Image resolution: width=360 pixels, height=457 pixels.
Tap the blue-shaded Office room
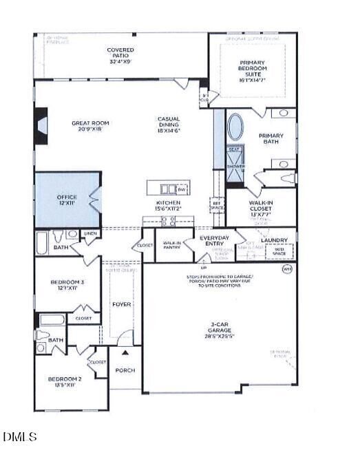click(x=67, y=200)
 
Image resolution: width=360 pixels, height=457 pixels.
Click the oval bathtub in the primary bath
click(x=235, y=128)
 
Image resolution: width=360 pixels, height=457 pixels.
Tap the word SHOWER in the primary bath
click(x=235, y=166)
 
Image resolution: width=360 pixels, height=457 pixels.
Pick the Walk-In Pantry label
click(x=171, y=244)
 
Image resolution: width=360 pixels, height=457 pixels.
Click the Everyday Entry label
click(x=213, y=241)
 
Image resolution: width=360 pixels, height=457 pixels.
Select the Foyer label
click(x=121, y=304)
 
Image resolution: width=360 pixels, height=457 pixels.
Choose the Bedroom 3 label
click(x=67, y=285)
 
